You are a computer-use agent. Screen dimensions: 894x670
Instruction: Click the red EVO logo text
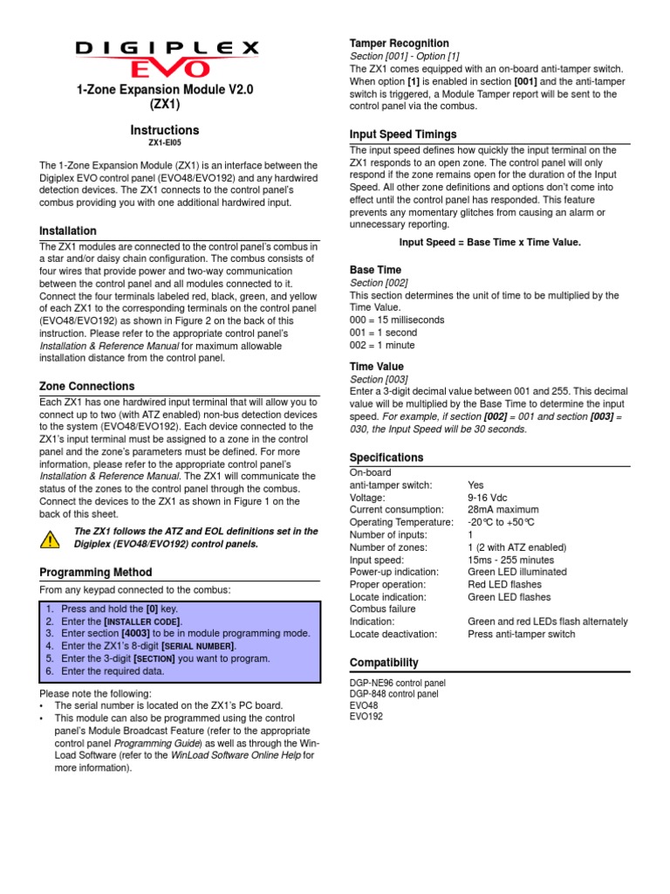[165, 68]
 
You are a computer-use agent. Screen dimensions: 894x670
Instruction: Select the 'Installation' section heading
[68, 231]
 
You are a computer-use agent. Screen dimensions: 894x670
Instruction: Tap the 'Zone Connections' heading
[87, 386]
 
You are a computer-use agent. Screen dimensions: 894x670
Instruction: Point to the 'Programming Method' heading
[96, 573]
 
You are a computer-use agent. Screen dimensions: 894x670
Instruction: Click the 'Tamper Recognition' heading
[399, 44]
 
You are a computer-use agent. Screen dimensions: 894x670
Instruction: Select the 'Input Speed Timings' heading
[403, 134]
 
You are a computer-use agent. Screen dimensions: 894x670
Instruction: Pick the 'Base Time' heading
[375, 271]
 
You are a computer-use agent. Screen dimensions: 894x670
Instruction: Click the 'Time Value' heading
[377, 367]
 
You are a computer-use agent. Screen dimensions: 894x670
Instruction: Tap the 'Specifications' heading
[386, 457]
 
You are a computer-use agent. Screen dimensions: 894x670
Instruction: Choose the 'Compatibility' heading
[384, 663]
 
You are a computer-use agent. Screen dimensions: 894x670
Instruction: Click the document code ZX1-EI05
[165, 142]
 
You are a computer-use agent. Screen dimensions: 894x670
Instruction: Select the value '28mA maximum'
[503, 510]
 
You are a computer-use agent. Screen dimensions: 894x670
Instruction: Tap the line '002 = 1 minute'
[382, 345]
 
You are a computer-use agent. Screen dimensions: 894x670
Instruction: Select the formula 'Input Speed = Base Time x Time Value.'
[489, 242]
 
